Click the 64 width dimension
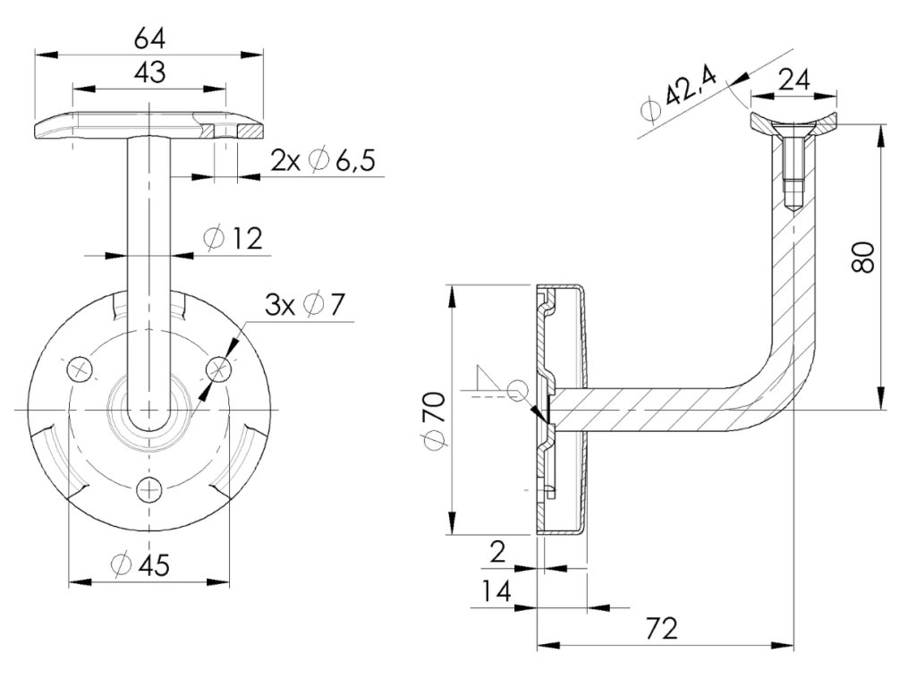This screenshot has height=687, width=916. click(149, 39)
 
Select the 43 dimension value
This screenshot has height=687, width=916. click(149, 72)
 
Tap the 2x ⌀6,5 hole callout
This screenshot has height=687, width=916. click(322, 160)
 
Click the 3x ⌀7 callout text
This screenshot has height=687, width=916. click(304, 305)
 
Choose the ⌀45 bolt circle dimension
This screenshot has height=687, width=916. click(140, 564)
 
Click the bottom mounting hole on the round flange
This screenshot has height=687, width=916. click(149, 488)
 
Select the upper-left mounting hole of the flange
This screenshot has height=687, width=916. click(81, 368)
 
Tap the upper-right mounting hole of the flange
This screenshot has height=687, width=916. click(218, 368)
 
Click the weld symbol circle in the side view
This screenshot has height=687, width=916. click(516, 389)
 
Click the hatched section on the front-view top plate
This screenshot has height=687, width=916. click(208, 131)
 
